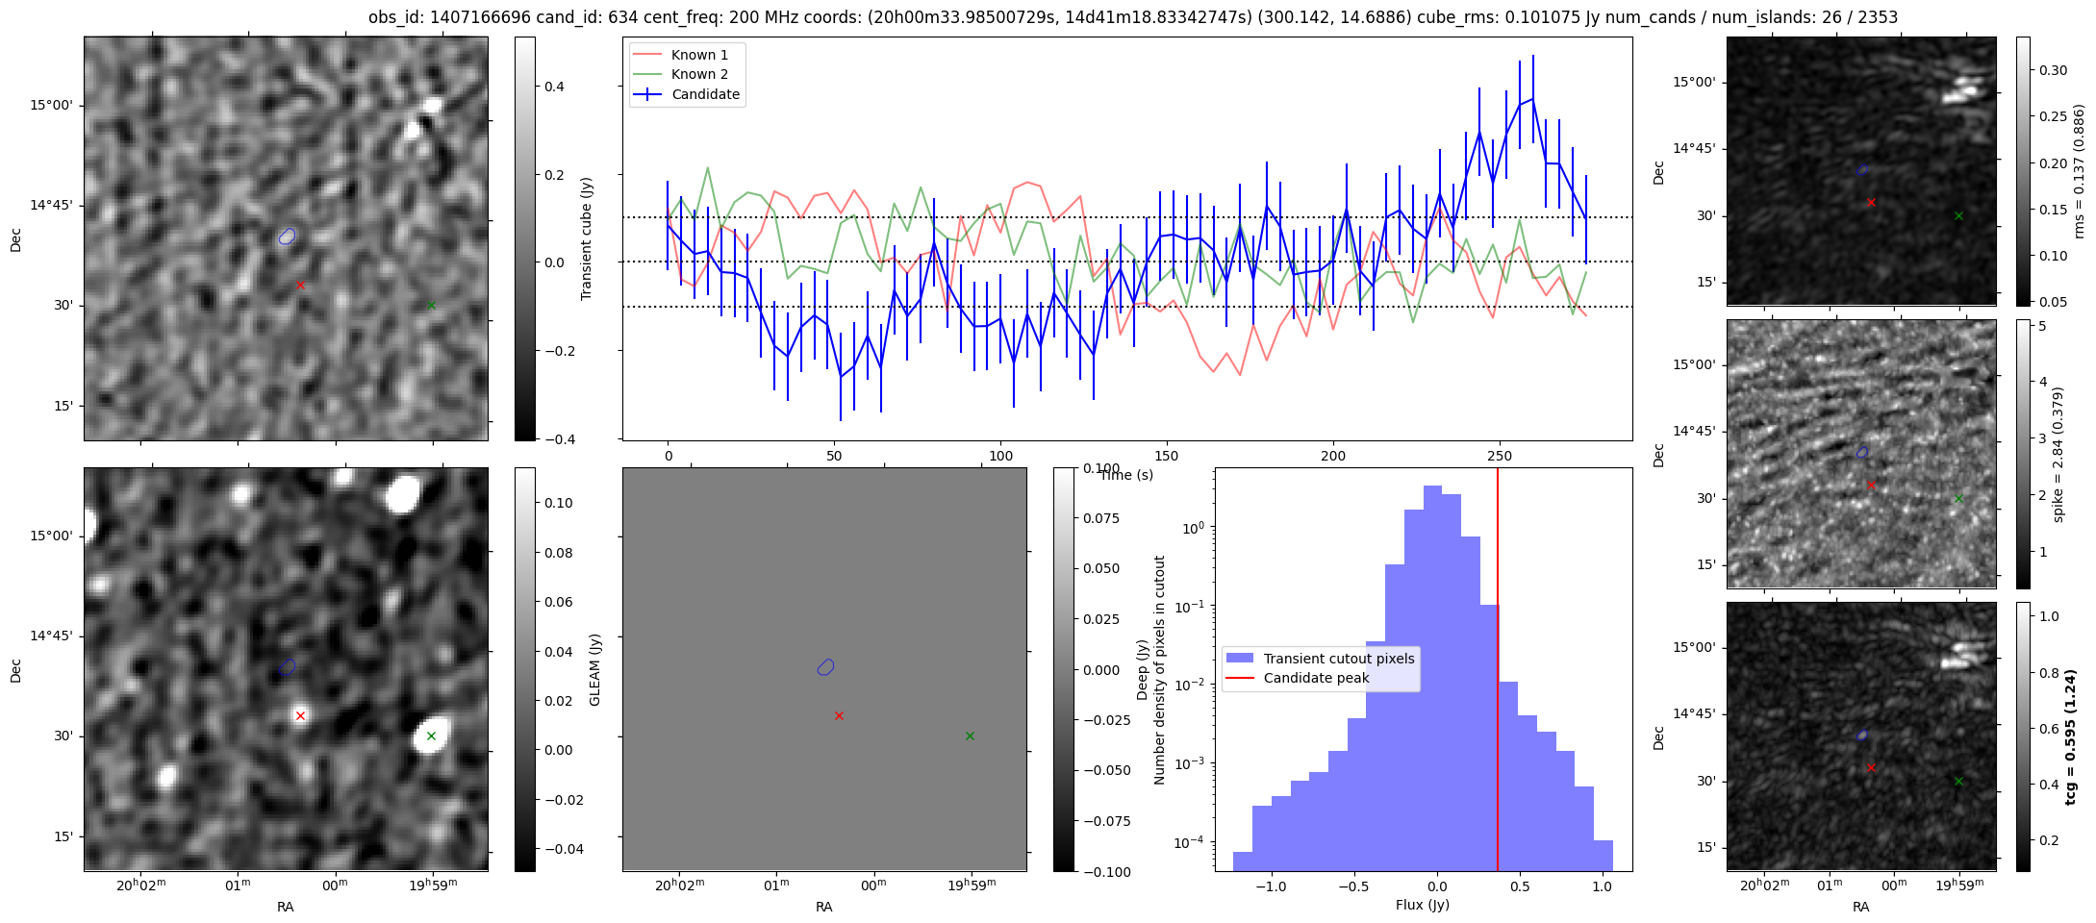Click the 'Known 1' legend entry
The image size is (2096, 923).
[x=699, y=55]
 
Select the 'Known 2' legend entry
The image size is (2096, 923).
[x=699, y=74]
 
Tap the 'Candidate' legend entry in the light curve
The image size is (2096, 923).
[x=705, y=94]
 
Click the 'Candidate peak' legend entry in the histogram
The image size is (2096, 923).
[x=1316, y=678]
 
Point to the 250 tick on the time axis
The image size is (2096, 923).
[x=1499, y=455]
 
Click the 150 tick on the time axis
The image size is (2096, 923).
[x=1167, y=455]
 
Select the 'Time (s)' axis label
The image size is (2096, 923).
[x=1126, y=475]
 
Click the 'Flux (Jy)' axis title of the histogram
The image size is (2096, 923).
[x=1423, y=905]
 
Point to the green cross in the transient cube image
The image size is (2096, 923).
[x=431, y=306]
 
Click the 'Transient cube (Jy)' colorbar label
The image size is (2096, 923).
[x=586, y=238]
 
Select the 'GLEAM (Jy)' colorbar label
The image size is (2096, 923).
[x=594, y=670]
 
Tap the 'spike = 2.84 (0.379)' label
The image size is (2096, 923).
[x=2058, y=454]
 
